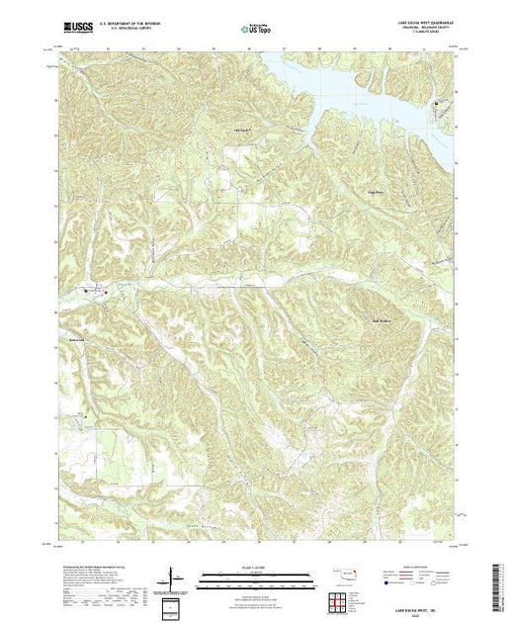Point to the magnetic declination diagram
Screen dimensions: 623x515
point(176,576)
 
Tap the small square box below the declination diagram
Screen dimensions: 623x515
point(174,605)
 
